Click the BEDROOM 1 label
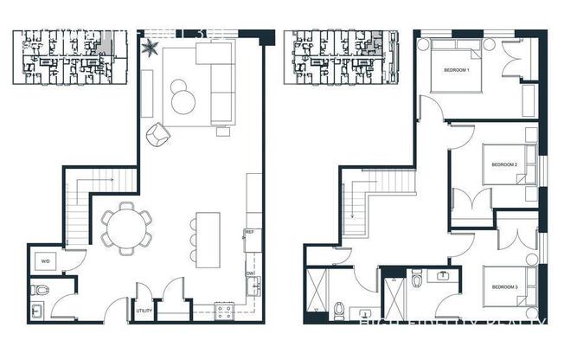click(456, 69)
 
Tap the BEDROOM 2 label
click(503, 164)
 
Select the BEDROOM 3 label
click(504, 286)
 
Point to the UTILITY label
click(144, 309)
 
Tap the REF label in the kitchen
click(249, 232)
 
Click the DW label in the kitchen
click(249, 273)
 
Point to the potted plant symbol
click(151, 44)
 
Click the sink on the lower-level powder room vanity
click(38, 310)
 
